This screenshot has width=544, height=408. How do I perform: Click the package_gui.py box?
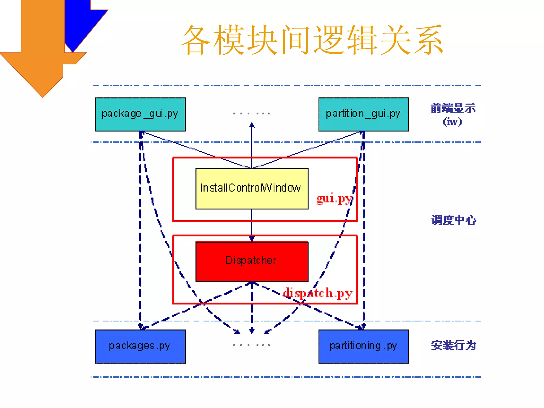140,114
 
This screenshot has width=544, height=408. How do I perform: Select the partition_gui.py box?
363,114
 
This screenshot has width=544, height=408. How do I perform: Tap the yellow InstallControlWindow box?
252,189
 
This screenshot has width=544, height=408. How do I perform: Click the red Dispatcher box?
252,261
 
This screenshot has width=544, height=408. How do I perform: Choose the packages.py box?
140,346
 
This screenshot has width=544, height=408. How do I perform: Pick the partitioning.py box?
363,346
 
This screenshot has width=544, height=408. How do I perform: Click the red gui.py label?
334,199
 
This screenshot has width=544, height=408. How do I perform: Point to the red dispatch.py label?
318,293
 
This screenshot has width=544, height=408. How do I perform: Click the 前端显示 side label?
453,108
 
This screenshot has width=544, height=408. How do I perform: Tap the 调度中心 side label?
454,220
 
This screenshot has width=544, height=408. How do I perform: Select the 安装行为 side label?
454,346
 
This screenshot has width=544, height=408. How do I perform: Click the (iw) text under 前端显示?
452,122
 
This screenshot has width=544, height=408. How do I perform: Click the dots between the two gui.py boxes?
252,114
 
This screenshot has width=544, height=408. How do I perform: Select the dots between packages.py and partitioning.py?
252,345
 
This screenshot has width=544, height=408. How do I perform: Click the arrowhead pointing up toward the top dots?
252,125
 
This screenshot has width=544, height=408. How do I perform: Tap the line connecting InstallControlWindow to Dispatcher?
252,223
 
